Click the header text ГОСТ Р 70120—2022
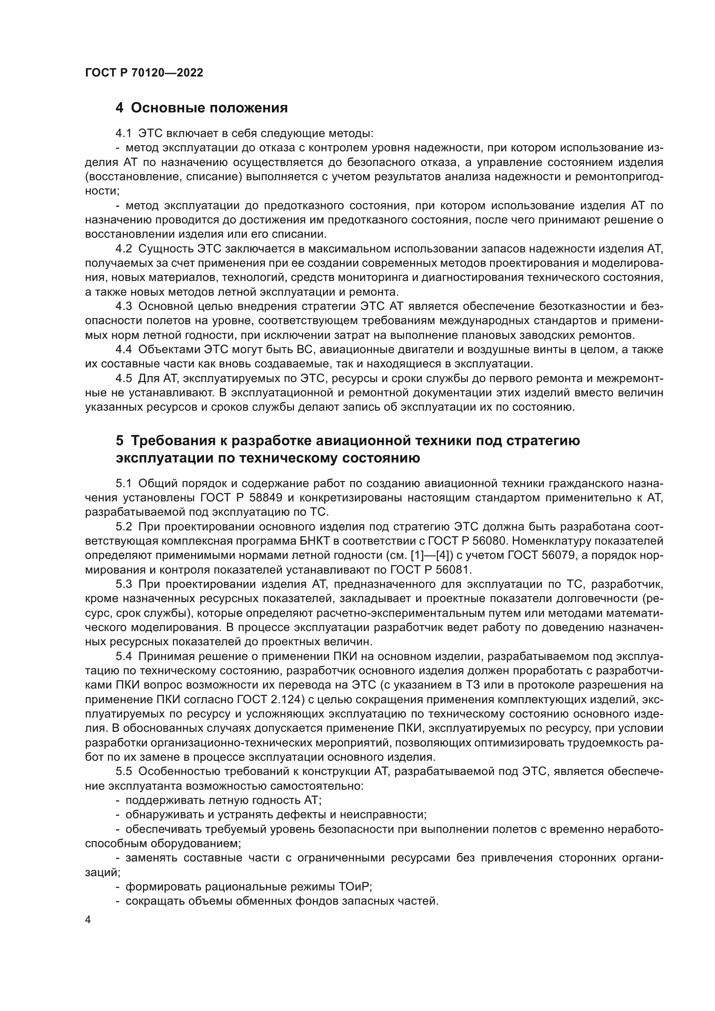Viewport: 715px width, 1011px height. point(144,73)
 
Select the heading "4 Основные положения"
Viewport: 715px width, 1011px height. point(201,108)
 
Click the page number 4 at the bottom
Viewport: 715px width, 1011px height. point(88,920)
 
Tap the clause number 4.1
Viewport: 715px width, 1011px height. point(123,133)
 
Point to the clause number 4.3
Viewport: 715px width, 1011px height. point(123,306)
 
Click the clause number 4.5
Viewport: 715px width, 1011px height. point(123,378)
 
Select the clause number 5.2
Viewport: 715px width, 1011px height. point(123,526)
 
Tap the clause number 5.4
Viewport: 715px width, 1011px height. point(123,656)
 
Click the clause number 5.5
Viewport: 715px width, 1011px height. point(123,772)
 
